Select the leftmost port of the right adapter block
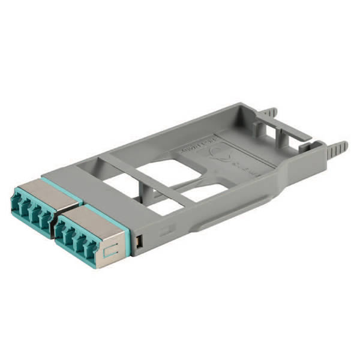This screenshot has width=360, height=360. [61, 227]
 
